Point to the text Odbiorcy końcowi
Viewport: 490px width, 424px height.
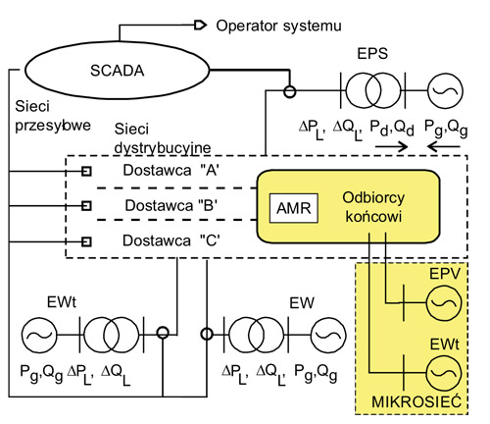pos(366,206)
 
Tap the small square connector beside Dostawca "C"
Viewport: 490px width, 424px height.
pos(86,240)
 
